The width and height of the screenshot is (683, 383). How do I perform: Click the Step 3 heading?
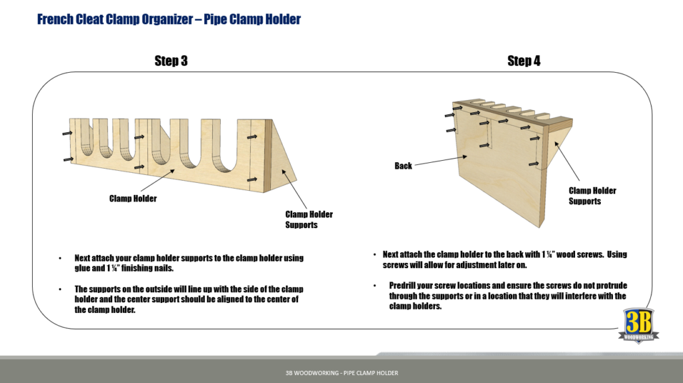171,61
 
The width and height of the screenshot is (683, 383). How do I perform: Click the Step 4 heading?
524,61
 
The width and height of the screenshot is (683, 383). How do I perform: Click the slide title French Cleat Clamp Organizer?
169,19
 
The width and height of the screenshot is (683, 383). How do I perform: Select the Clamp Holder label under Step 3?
133,199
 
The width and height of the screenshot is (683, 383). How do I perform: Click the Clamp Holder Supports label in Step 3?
309,220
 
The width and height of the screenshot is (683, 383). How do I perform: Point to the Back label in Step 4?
403,165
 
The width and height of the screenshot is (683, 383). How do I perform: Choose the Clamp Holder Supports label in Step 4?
592,196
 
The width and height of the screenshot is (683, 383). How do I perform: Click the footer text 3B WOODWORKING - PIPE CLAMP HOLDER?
341,373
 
